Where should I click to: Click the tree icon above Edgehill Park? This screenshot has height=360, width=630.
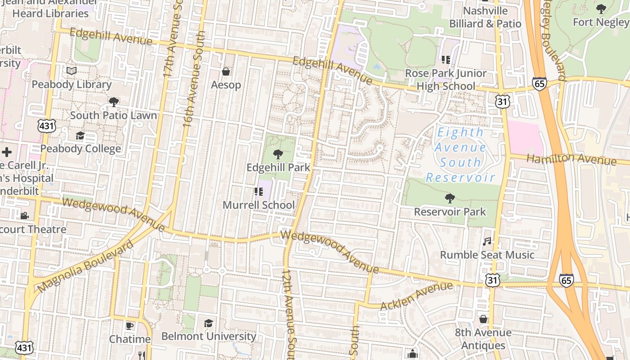[278, 154]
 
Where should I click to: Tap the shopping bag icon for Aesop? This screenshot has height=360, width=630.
[226, 72]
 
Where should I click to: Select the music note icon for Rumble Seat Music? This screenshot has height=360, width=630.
[487, 242]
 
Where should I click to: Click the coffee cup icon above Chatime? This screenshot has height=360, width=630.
[130, 326]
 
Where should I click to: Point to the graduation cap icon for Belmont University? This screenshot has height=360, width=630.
[208, 323]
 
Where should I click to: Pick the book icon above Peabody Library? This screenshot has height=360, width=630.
[71, 71]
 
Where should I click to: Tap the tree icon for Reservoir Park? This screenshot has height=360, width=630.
[450, 198]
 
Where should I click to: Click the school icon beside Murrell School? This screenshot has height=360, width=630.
[258, 192]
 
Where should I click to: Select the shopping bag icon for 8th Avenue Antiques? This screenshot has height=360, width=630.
[483, 319]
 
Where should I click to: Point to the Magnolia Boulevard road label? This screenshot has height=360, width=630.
[85, 265]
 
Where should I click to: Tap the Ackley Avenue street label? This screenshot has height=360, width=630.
[416, 296]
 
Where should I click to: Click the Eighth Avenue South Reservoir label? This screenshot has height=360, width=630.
[460, 154]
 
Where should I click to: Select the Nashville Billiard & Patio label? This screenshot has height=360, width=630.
[485, 17]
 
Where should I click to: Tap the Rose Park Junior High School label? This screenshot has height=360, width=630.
[445, 80]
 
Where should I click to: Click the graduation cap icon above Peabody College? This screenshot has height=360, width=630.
[80, 136]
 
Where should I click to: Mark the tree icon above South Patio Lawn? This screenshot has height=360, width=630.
[113, 102]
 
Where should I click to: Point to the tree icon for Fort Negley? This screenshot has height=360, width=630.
[601, 9]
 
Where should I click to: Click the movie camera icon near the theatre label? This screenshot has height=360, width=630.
[24, 216]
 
